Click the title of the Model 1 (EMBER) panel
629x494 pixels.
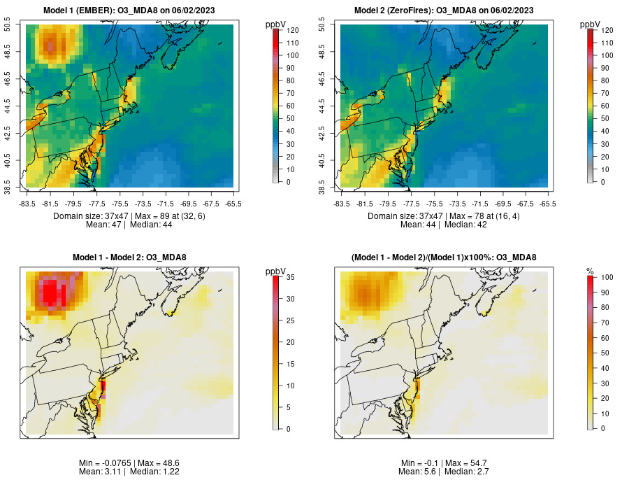129,10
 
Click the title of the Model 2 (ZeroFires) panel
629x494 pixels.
443,10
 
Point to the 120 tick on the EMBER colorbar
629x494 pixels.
293,31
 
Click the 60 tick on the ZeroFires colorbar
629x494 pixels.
605,106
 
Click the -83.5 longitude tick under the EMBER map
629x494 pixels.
28,204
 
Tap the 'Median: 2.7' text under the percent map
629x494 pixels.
467,472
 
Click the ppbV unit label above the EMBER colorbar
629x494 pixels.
276,24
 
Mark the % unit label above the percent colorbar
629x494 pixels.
590,271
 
